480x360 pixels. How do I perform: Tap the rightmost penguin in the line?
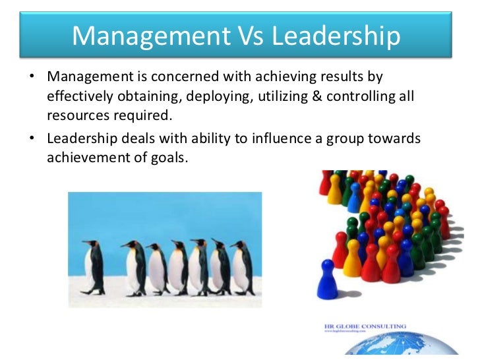tap(243, 267)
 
